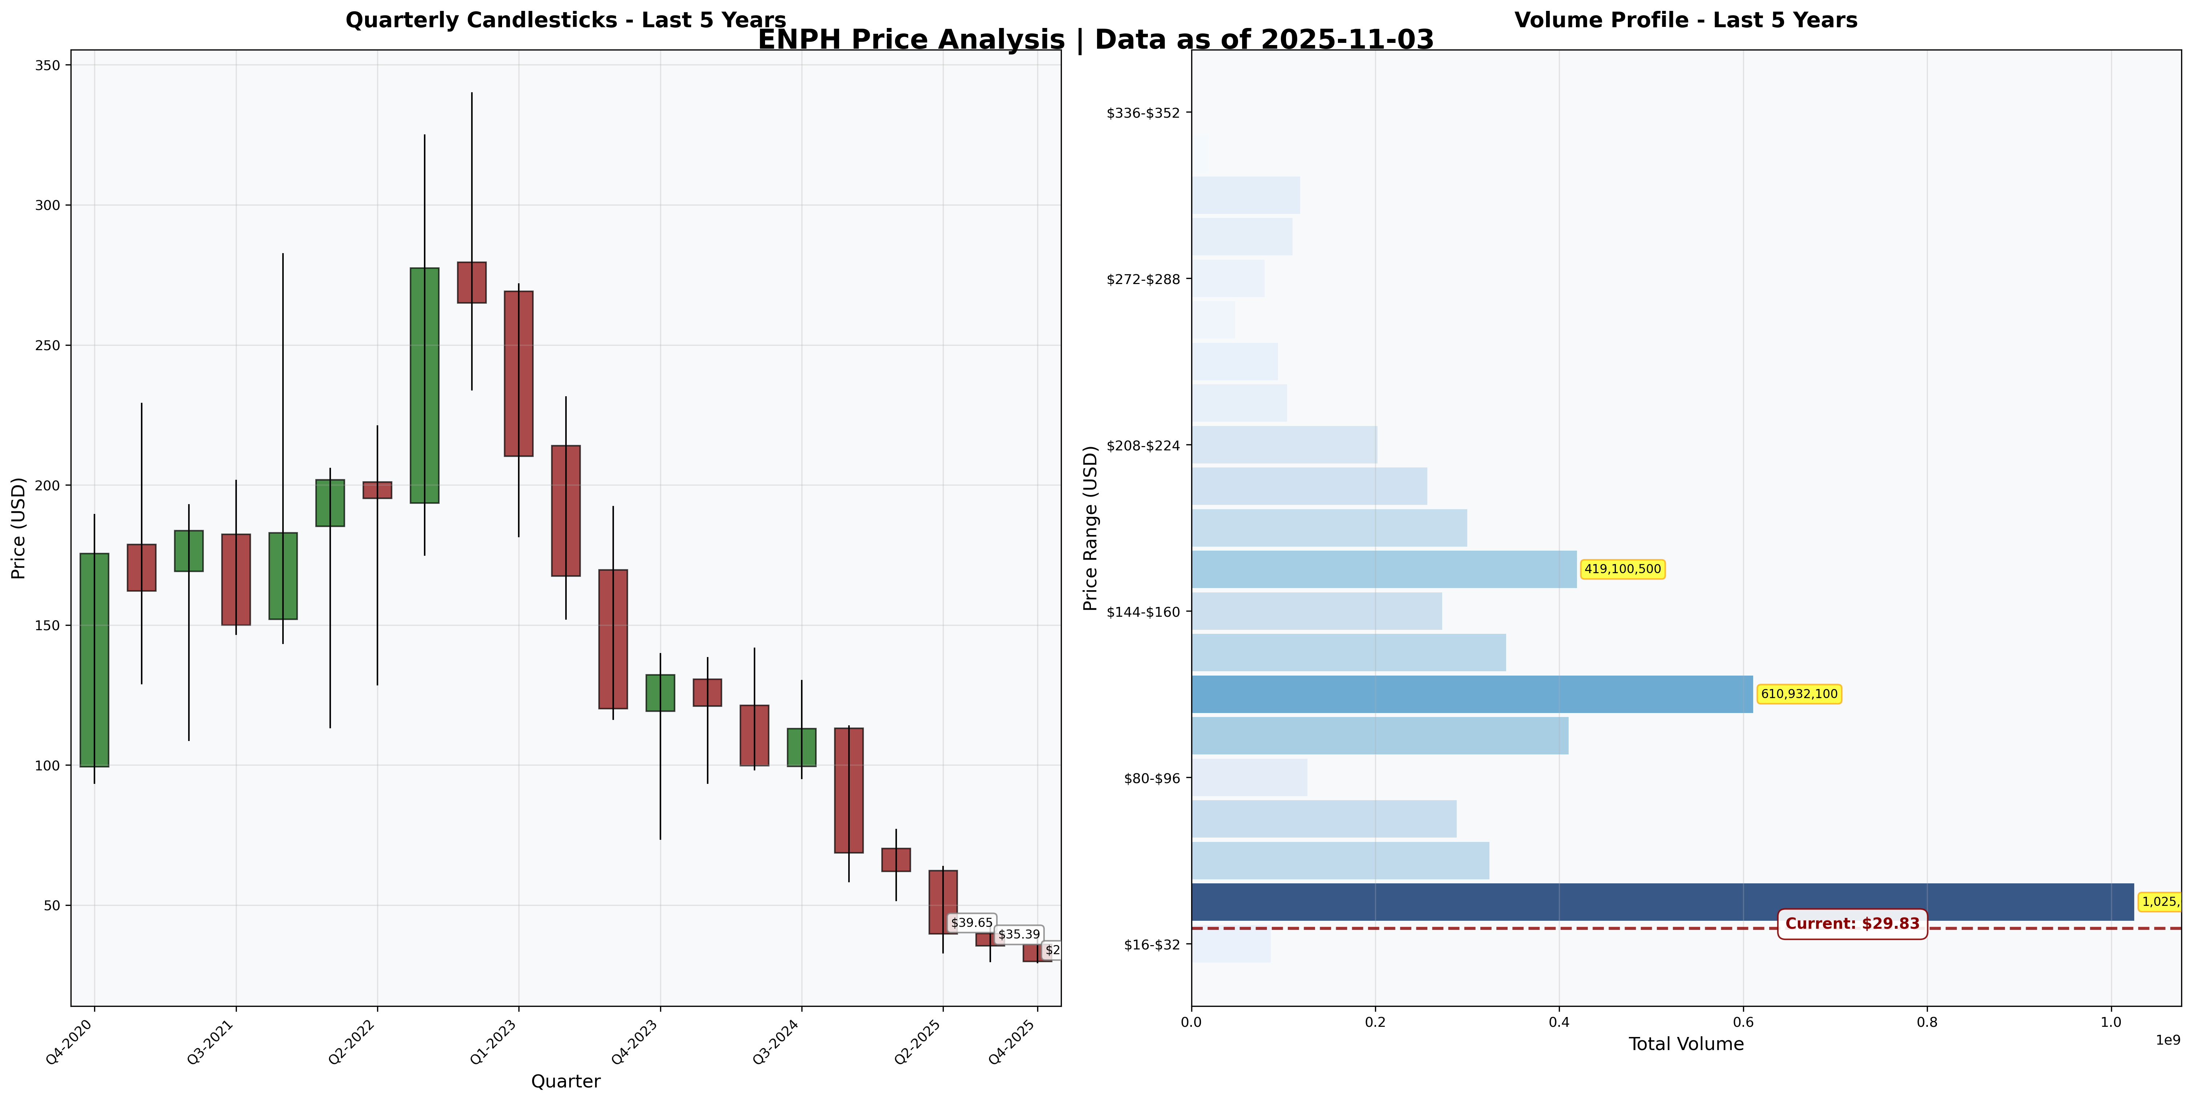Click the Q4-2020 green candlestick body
(x=94, y=660)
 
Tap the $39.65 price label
(x=971, y=923)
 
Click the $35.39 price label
(x=1019, y=934)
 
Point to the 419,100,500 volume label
(x=1622, y=569)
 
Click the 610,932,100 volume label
(x=1799, y=694)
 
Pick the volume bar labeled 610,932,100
(x=1472, y=694)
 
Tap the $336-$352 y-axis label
(x=1149, y=112)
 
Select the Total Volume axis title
(x=1686, y=1044)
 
